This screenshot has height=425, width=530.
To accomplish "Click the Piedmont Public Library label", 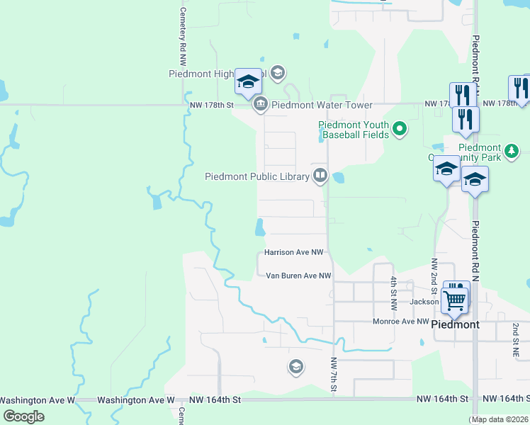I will point(257,176).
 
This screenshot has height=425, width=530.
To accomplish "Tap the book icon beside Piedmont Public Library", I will point(320,176).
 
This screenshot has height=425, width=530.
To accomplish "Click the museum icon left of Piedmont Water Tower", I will point(260,104).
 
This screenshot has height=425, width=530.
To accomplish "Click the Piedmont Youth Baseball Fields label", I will point(353,129).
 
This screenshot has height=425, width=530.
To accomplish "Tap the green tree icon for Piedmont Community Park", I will point(510,149).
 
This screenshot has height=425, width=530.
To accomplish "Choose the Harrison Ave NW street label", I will point(293,252).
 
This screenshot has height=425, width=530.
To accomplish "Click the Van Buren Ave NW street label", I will point(298,276).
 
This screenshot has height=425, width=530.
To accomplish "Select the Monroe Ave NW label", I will point(401,322).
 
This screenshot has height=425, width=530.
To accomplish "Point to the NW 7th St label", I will point(334,374).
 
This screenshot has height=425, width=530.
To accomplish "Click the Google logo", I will point(23,416).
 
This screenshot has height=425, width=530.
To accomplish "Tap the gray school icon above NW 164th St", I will point(295,366).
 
